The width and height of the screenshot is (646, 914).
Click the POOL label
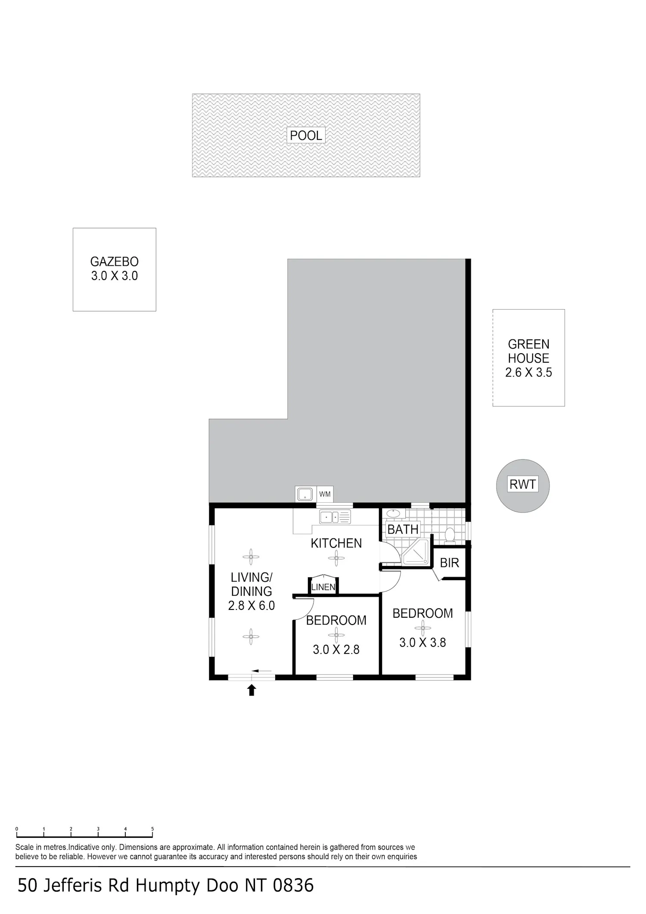tap(306, 135)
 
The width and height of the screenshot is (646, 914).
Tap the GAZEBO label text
tap(114, 261)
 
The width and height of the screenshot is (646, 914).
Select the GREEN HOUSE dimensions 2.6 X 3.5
tap(528, 372)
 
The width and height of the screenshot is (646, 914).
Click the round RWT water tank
tap(523, 485)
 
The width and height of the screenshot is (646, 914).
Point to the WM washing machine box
tap(325, 494)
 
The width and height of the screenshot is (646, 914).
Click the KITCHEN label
tap(336, 543)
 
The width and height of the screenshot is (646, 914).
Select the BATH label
tap(403, 529)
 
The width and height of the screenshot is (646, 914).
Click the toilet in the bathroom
tap(450, 535)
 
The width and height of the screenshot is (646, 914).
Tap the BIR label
tap(449, 563)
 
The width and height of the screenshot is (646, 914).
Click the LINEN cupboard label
tap(323, 587)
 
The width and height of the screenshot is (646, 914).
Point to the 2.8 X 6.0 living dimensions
tap(252, 606)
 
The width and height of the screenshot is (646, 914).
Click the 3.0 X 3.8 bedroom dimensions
tap(422, 642)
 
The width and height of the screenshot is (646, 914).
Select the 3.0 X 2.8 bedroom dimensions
tap(336, 649)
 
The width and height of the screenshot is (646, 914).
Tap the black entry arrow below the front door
tap(252, 690)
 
